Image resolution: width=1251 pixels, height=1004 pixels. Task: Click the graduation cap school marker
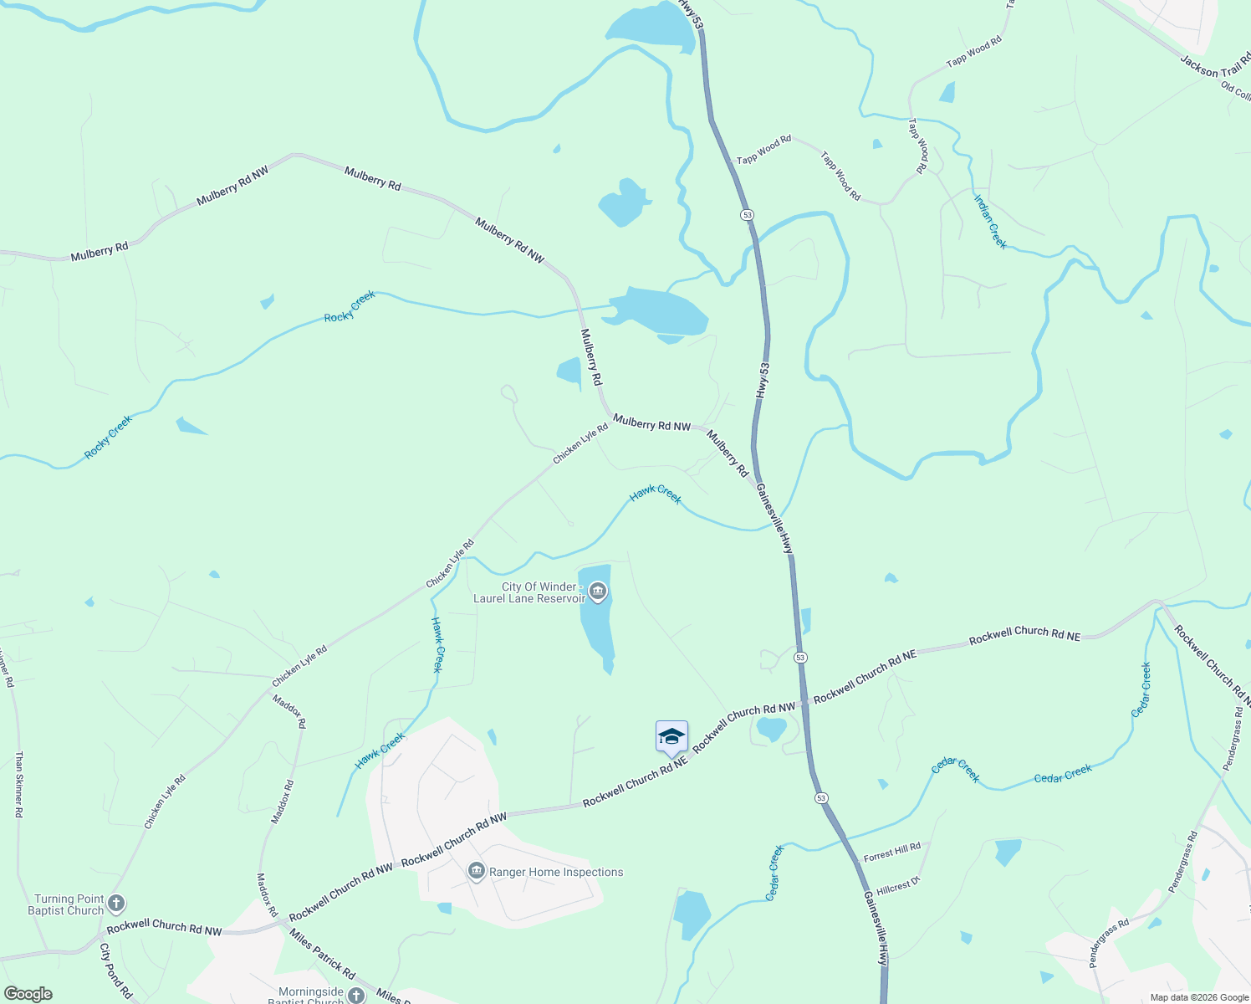(x=671, y=737)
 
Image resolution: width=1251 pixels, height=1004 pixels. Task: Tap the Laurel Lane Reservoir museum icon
(x=597, y=593)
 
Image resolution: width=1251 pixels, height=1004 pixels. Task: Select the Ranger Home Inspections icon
(x=477, y=872)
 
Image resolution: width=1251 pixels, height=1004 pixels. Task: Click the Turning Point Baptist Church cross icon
(x=116, y=904)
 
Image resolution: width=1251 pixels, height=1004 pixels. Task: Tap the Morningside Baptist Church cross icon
(x=356, y=995)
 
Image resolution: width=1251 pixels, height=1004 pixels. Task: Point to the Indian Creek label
(x=990, y=222)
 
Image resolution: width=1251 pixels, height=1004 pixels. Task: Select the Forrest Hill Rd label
(x=891, y=853)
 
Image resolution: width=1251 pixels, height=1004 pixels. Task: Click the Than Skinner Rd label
(x=18, y=783)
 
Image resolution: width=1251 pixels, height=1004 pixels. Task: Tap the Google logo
(x=28, y=994)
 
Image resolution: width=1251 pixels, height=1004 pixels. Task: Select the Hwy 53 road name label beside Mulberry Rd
(x=763, y=381)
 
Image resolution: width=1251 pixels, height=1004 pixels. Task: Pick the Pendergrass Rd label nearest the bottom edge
(x=1109, y=943)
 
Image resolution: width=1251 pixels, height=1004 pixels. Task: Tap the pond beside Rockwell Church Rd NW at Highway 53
(x=771, y=729)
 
